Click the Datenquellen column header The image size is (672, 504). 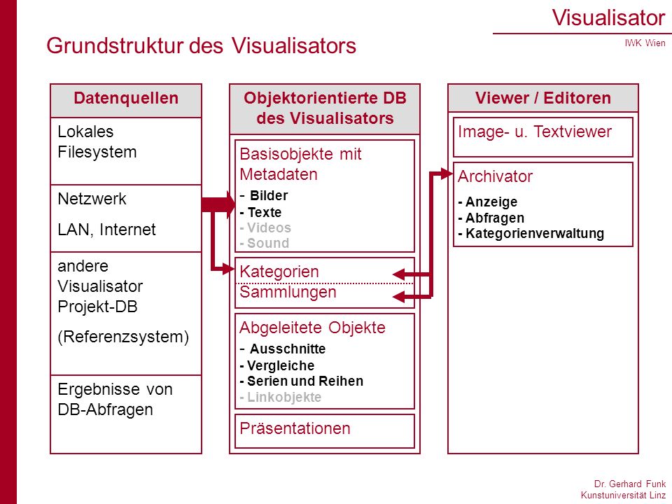click(126, 98)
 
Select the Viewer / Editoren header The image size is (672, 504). click(543, 98)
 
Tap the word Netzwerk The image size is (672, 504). click(92, 199)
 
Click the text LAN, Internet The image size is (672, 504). click(106, 230)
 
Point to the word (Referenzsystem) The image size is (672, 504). click(123, 337)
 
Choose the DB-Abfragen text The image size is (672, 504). click(106, 409)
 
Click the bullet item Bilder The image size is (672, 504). click(268, 195)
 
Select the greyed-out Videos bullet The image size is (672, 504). click(265, 227)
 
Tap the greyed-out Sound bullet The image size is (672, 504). click(265, 243)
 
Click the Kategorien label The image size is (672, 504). click(279, 272)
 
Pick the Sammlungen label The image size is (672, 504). click(288, 293)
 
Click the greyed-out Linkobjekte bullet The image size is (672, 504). click(280, 398)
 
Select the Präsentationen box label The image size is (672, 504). click(295, 428)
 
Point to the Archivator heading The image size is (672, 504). click(495, 176)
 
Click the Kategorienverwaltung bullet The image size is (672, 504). click(531, 234)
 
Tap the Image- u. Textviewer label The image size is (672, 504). click(535, 132)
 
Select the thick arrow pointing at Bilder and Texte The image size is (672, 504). click(218, 204)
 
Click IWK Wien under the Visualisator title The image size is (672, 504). click(645, 43)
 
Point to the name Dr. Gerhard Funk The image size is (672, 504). click(629, 484)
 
